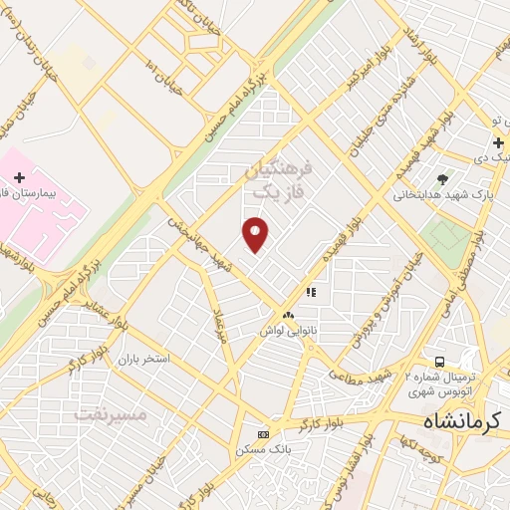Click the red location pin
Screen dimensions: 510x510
point(256,233)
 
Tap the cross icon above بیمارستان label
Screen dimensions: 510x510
point(19,176)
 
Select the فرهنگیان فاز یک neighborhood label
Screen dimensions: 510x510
point(278,177)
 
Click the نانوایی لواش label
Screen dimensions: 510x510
point(289,328)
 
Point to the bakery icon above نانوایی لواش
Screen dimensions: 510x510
point(288,314)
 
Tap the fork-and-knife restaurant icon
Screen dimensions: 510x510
point(310,293)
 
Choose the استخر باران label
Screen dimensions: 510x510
point(144,358)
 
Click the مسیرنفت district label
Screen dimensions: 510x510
point(112,412)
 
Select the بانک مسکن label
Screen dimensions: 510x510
point(263,449)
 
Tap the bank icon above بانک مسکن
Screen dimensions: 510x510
point(263,434)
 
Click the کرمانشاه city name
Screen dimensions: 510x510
point(464,421)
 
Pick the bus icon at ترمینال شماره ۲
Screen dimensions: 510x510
point(439,361)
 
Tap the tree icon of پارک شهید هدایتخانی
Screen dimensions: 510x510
point(442,179)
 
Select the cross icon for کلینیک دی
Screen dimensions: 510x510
point(498,143)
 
